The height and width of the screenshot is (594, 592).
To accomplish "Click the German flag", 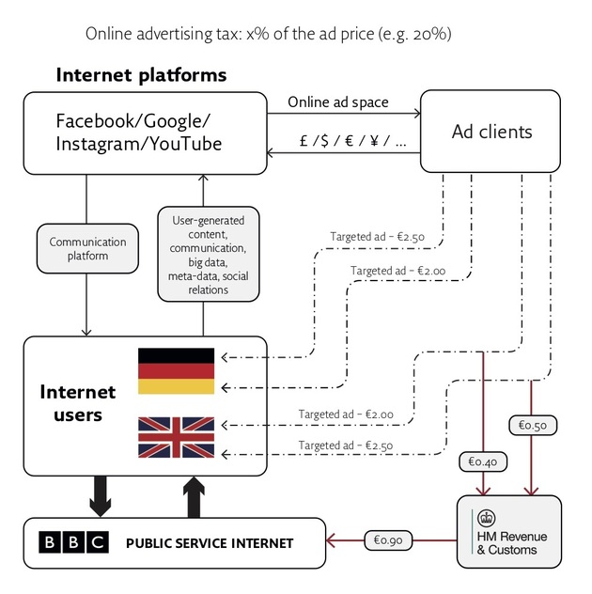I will [x=177, y=370].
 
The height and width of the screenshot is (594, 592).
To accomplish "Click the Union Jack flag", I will [x=177, y=437].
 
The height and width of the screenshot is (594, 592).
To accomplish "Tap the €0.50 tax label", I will [x=533, y=425].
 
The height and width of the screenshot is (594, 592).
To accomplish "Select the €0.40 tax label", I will [x=482, y=461].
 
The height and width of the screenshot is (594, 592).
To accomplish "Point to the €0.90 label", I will [x=386, y=539].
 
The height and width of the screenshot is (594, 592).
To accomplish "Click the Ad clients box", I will [x=491, y=132].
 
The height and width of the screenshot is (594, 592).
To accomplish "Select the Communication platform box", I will [x=86, y=248].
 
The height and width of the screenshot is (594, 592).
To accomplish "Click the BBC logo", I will [x=73, y=542].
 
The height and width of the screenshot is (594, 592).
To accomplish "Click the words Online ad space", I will [x=337, y=102].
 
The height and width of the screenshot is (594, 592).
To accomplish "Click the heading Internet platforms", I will [x=141, y=74].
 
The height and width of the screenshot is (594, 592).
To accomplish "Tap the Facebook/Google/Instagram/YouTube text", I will [x=139, y=132].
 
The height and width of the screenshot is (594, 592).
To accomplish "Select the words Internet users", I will [x=77, y=402].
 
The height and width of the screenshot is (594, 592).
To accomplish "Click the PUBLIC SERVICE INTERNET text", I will [x=209, y=543].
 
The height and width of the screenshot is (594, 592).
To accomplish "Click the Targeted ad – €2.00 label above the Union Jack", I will [x=345, y=414].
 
